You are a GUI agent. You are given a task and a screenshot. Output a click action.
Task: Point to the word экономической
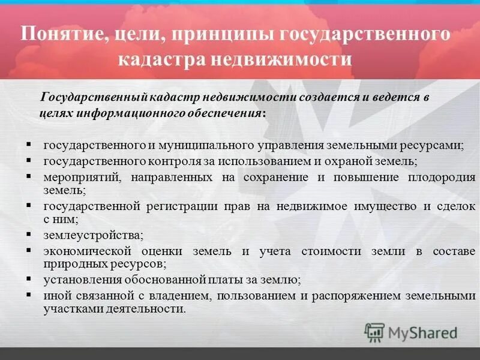click(83, 251)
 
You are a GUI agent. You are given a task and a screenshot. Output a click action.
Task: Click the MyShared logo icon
click(374, 332)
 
